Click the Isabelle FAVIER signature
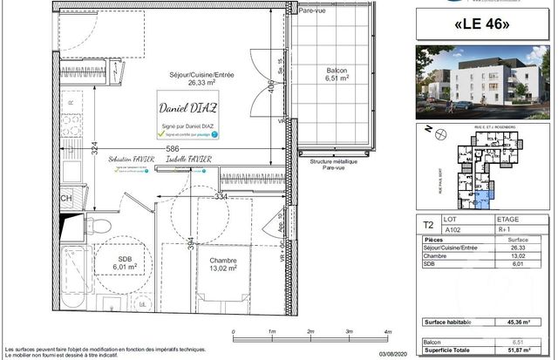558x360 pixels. coord(189,162)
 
